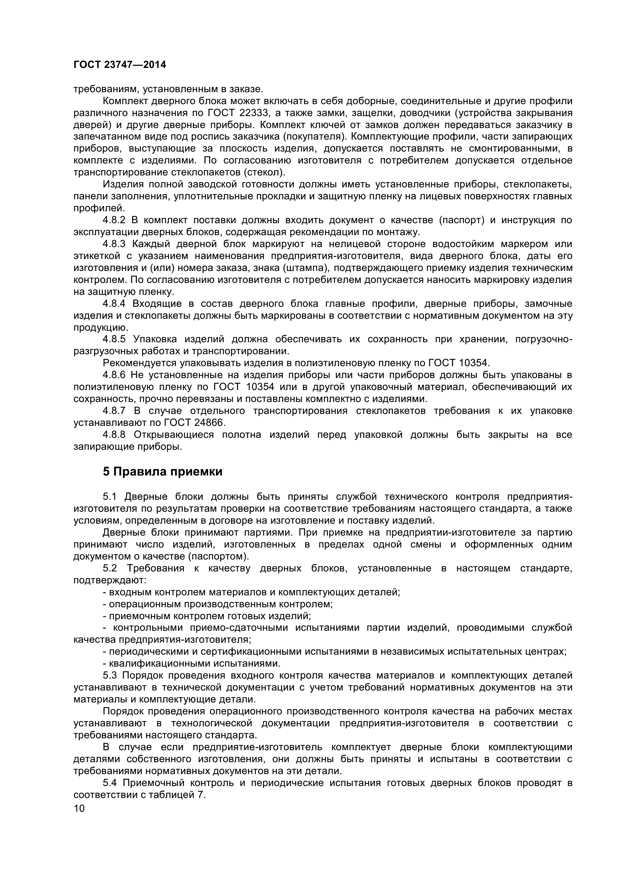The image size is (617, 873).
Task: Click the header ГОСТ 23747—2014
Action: coord(120,65)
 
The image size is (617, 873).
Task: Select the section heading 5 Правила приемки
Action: coord(163,472)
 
